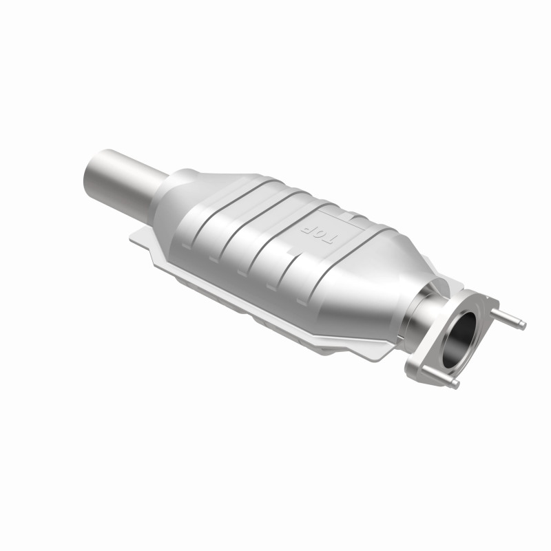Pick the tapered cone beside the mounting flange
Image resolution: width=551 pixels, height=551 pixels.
coord(396,275)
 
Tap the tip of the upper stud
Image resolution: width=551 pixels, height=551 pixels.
coord(523,324)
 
